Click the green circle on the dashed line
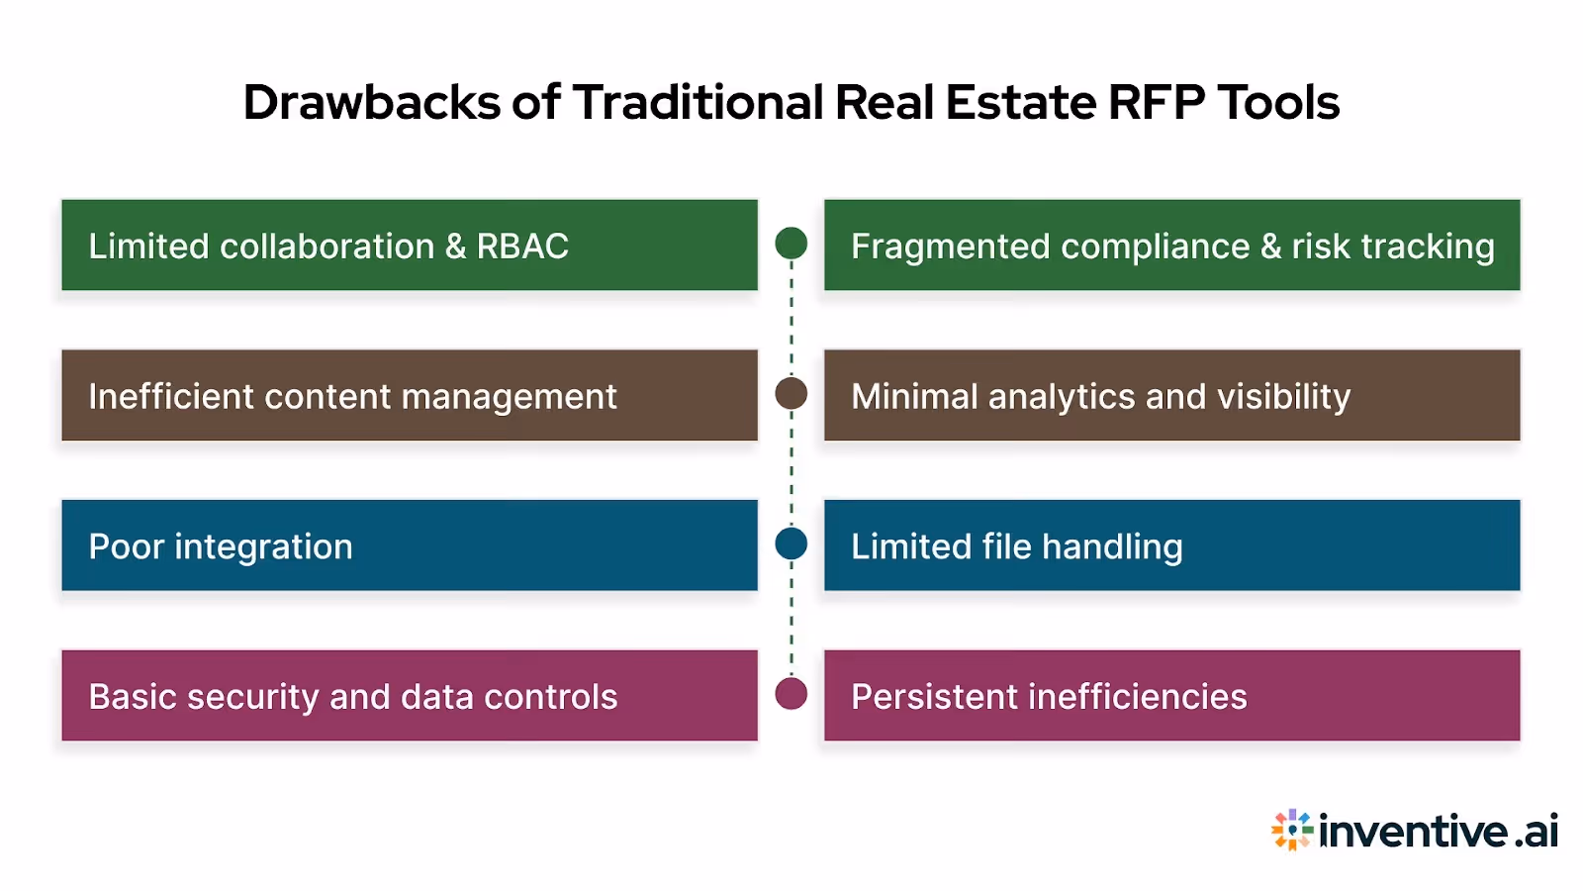coord(791,243)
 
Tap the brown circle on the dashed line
coord(791,393)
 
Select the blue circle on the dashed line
coord(791,544)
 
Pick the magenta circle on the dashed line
coord(791,693)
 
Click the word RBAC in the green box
coord(522,247)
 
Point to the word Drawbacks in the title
coord(372,102)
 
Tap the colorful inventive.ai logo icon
coord(1291,830)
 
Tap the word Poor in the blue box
coord(126,546)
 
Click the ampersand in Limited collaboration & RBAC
coord(455,247)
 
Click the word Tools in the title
coord(1277,102)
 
